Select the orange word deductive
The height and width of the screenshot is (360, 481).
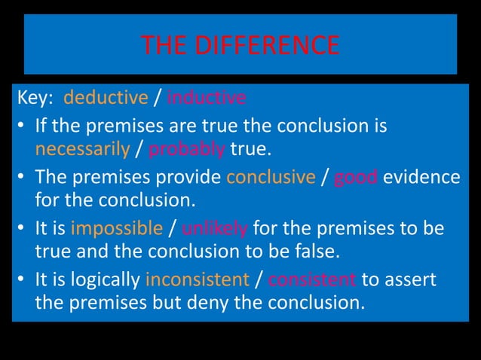(x=106, y=99)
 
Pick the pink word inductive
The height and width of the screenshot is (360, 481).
(x=206, y=99)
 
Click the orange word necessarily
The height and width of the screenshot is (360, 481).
(x=82, y=149)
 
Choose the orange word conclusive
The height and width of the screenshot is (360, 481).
(x=270, y=177)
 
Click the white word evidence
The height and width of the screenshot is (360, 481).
(x=422, y=177)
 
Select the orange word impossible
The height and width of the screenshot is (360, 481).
(x=117, y=228)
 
